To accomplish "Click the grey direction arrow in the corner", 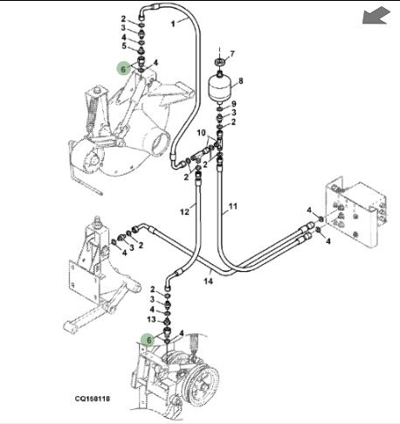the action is (376, 16).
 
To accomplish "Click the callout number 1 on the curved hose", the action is (173, 24).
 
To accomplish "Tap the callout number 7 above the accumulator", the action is (232, 53).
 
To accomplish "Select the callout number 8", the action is (240, 80).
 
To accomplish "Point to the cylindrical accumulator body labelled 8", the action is (220, 86).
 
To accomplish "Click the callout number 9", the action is (233, 104).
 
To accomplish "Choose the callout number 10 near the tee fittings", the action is (202, 133).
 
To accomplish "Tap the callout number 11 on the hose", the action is (233, 206).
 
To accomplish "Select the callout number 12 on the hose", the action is (184, 212).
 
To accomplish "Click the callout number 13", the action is (151, 319).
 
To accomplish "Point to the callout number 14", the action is (208, 281).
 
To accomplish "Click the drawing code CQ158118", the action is (93, 399).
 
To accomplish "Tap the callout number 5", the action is (124, 45).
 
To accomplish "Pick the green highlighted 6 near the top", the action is (123, 69).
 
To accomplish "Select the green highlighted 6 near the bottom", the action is (148, 340).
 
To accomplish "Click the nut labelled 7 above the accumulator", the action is (219, 62).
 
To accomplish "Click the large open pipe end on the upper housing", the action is (158, 142).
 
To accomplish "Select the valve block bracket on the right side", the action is (355, 212).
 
